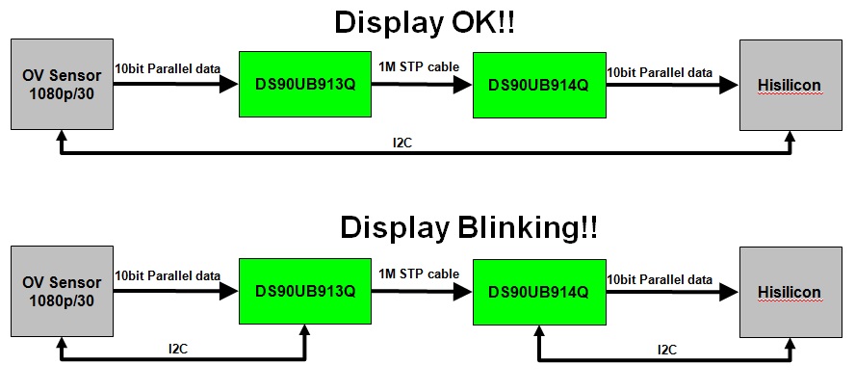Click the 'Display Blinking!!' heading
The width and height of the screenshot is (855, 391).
point(468,227)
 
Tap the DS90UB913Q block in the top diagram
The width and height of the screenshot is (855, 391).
point(305,85)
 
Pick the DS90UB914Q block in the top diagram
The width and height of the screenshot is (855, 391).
point(539,85)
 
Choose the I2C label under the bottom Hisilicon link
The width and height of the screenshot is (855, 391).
point(666,349)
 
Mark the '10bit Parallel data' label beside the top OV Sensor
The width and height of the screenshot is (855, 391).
point(168,69)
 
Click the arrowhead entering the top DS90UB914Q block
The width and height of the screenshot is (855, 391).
point(463,85)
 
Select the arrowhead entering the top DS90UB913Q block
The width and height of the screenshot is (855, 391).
point(229,85)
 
